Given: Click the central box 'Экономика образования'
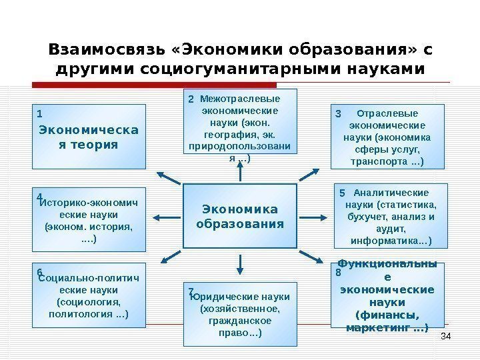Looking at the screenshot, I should [239, 216].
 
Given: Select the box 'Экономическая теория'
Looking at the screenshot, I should [89, 137].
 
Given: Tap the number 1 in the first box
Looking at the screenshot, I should [39, 113].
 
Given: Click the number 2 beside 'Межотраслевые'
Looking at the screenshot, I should [191, 99].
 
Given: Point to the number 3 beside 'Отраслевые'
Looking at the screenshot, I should [338, 114].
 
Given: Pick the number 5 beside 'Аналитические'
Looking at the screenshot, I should [341, 193].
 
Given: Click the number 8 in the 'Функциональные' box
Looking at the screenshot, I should [338, 273].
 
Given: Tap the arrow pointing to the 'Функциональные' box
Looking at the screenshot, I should [311, 257].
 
